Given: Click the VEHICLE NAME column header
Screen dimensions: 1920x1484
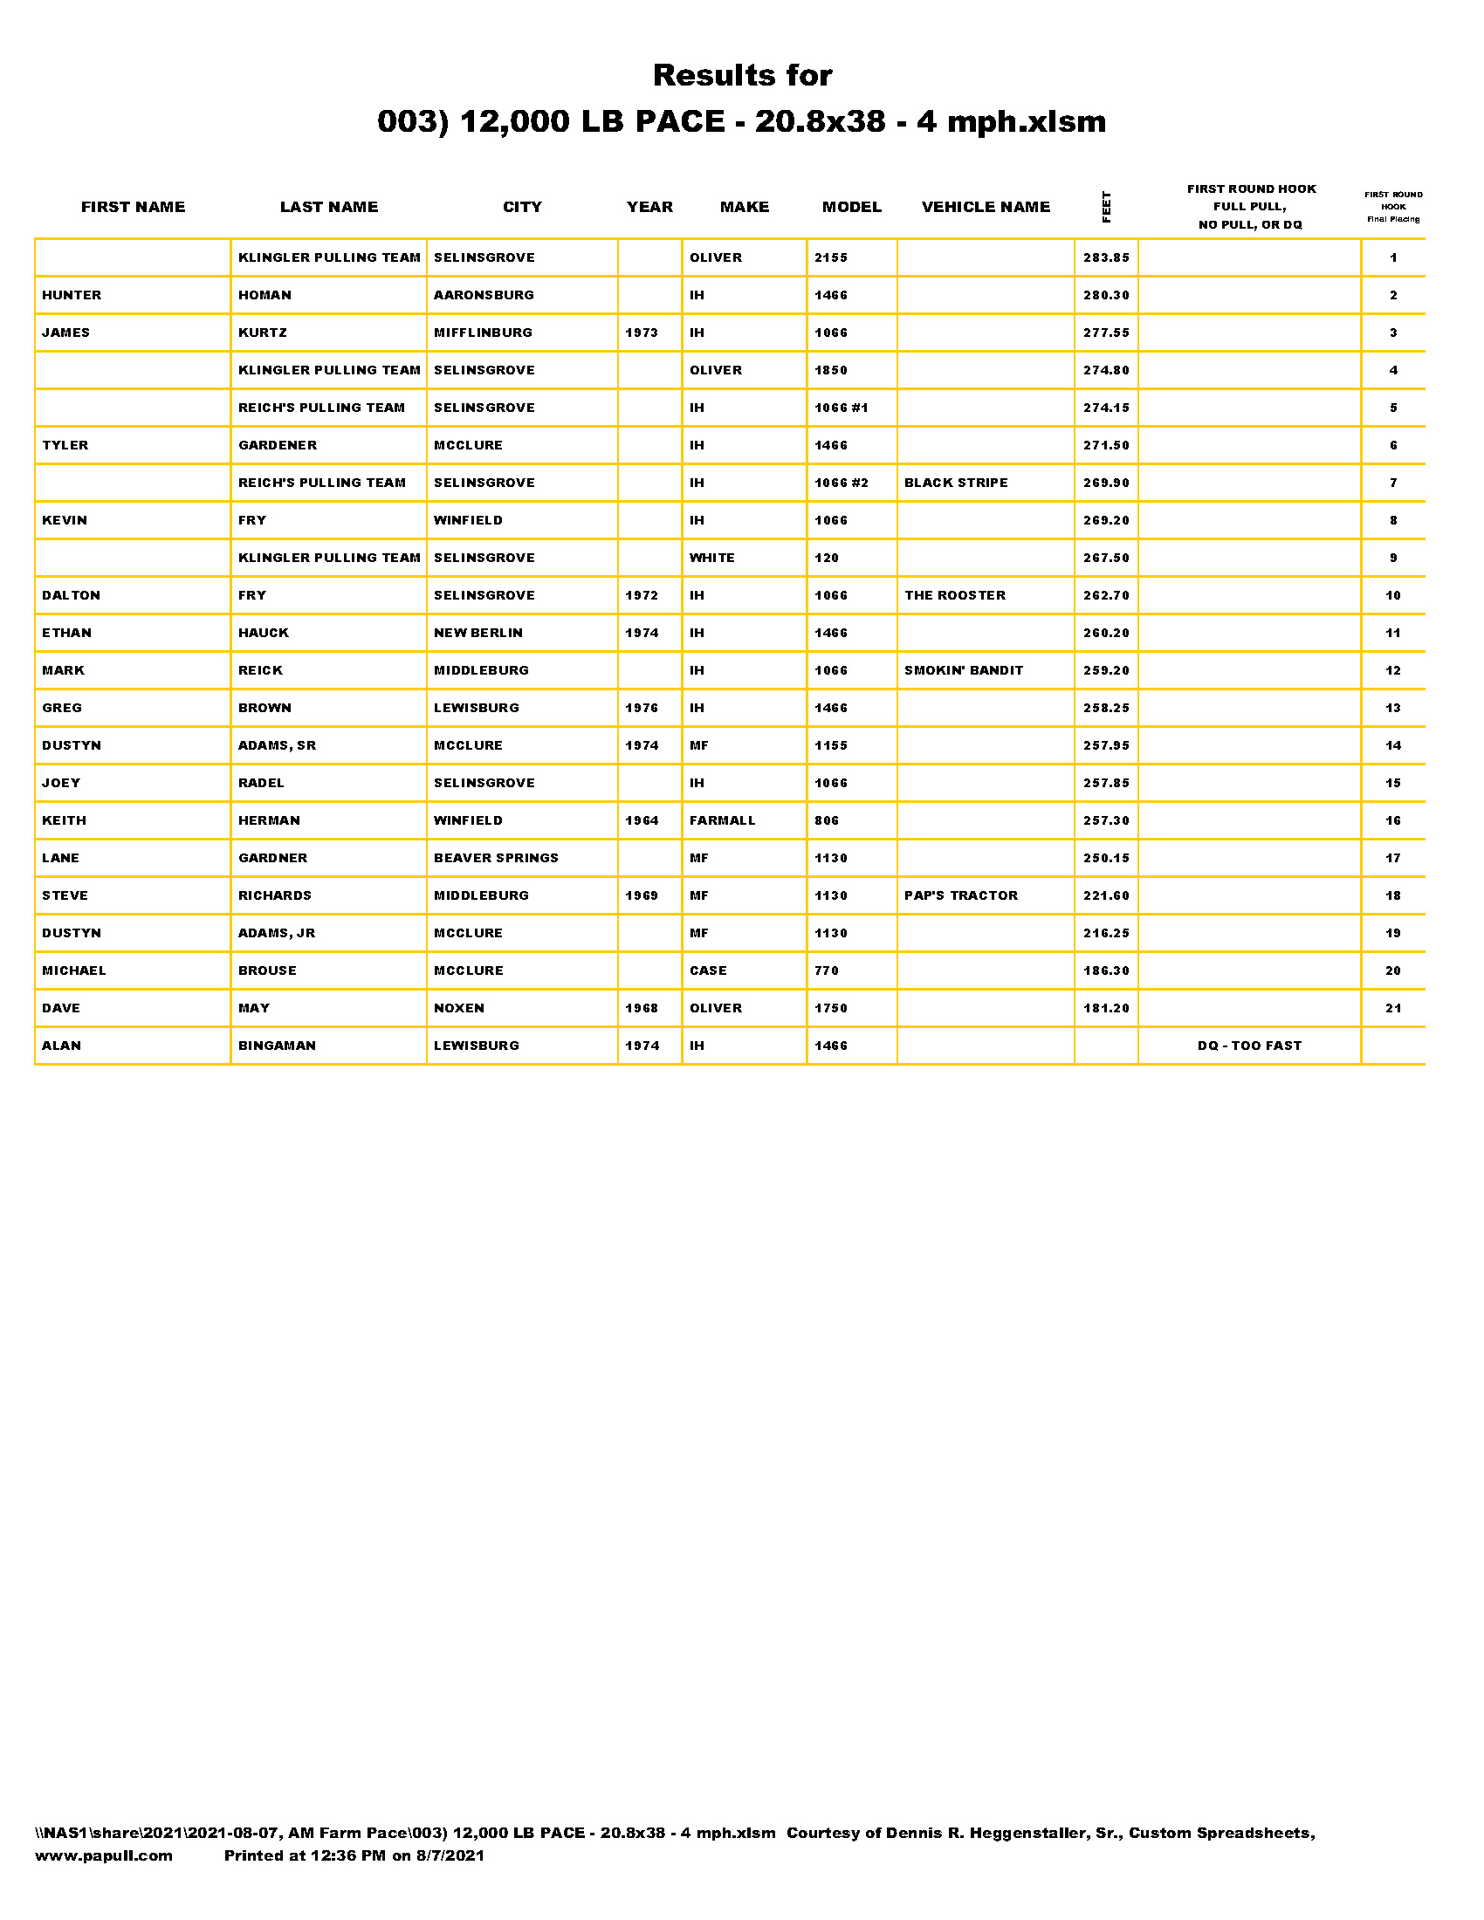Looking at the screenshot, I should (985, 207).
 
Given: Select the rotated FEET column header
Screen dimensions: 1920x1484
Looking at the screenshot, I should (1106, 207).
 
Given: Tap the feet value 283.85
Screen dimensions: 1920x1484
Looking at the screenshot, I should (1105, 257).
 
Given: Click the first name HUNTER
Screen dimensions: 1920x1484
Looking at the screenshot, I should (72, 295).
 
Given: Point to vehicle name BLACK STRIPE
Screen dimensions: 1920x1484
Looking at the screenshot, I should (956, 483).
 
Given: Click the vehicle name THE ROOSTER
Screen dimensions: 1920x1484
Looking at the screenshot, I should (955, 595).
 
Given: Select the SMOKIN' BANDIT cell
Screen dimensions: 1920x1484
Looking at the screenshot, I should (964, 670).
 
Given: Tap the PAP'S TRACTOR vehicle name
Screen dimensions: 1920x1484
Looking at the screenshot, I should (961, 895).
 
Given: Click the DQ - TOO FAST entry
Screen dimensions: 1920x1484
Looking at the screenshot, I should (1248, 1046).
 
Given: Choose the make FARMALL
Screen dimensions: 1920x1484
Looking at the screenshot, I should (722, 820).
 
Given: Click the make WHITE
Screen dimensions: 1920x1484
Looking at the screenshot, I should (711, 558).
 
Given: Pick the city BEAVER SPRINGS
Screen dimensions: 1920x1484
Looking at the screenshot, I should (496, 858).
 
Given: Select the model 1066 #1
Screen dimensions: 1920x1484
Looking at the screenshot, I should (841, 408).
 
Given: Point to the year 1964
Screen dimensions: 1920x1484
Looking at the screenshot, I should (641, 820).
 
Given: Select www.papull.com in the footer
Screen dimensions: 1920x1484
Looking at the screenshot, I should (104, 1855).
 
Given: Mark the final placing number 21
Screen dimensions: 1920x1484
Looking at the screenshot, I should (1392, 1008).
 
